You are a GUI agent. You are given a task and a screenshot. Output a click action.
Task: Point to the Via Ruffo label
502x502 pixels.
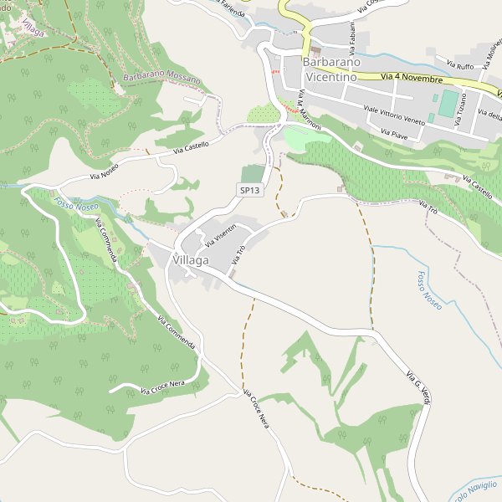460,64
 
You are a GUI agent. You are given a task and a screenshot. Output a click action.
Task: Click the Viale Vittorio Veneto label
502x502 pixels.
395,115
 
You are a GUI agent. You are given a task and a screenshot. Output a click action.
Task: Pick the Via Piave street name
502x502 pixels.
393,134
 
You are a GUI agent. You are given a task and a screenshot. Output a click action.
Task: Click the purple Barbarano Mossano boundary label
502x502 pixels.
162,79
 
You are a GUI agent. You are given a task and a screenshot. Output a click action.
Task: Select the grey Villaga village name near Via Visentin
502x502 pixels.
190,261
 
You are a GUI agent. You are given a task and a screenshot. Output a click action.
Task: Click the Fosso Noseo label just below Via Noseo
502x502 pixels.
76,204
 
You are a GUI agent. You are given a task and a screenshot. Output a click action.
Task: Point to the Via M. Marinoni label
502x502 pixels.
310,109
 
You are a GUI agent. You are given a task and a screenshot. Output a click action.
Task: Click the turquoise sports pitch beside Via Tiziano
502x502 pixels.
448,105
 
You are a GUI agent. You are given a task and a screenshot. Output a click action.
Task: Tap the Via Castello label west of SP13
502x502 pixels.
191,148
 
